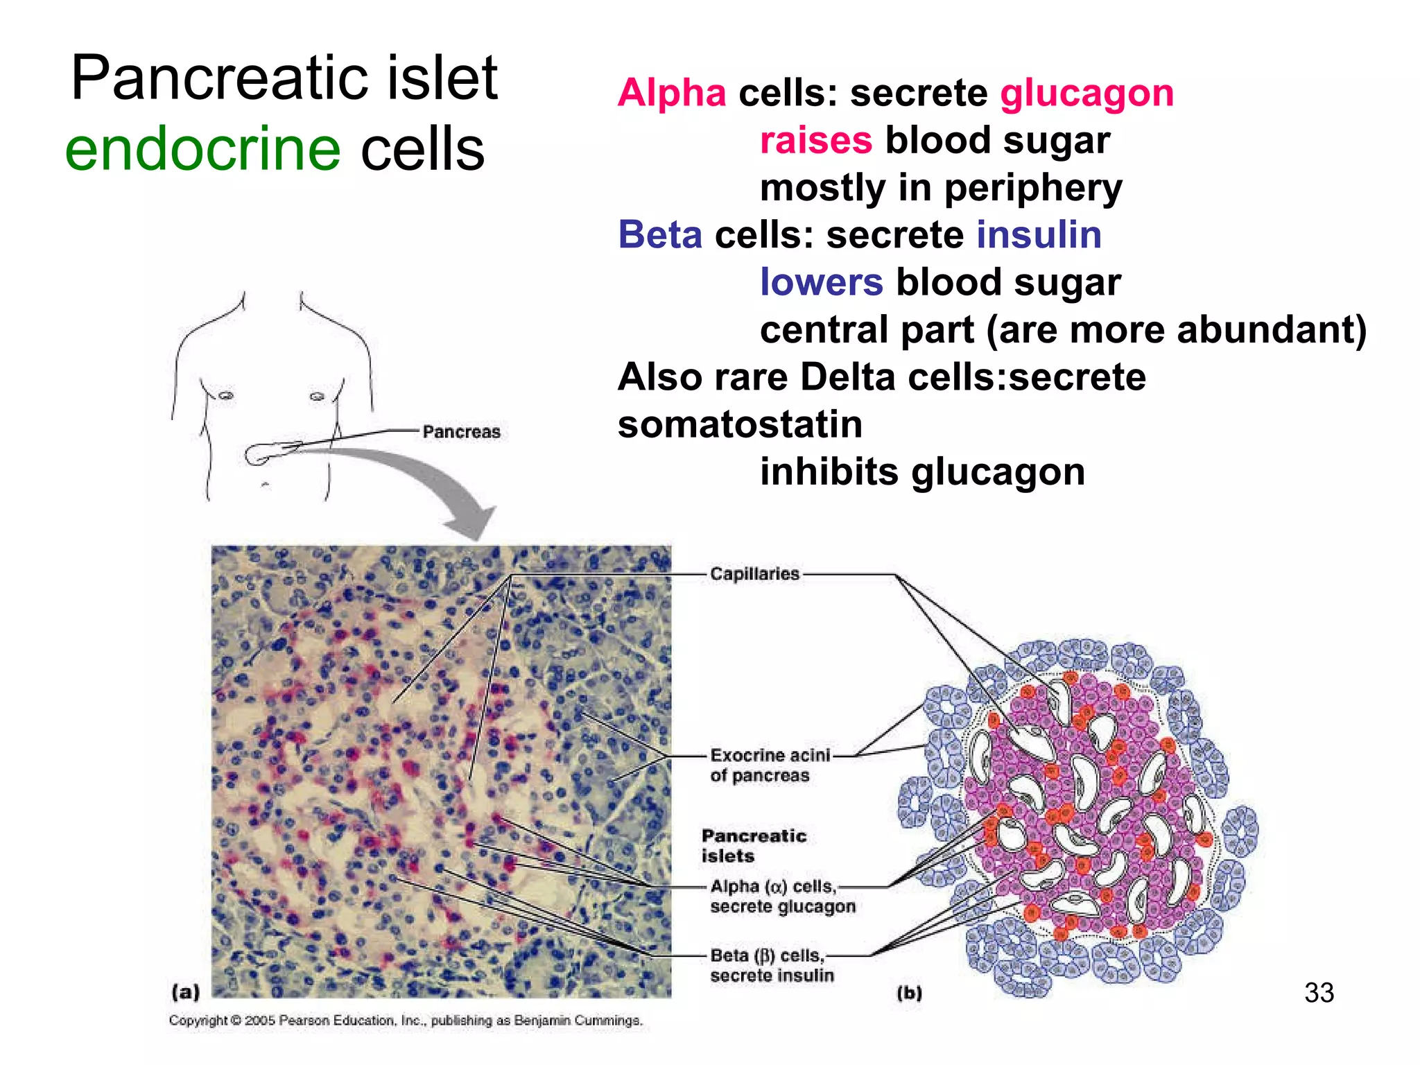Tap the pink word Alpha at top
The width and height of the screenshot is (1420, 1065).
[x=672, y=93]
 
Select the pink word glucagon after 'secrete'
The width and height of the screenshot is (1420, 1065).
[x=1086, y=93]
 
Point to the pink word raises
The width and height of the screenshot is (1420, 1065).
[x=815, y=141]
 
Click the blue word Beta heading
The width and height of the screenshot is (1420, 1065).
[x=660, y=234]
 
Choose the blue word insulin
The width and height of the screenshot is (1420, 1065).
[x=1039, y=234]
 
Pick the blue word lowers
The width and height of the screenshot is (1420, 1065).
[x=822, y=282]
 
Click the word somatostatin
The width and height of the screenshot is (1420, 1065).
[x=740, y=424]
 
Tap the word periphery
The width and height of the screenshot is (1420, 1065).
[x=1033, y=188]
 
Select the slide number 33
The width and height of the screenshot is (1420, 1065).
[x=1319, y=993]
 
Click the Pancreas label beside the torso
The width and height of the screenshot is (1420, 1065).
[x=461, y=431]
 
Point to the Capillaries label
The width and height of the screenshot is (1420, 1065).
[x=754, y=574]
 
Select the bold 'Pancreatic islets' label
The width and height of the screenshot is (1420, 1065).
[x=753, y=845]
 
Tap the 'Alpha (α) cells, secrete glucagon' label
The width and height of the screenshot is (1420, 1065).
[x=782, y=896]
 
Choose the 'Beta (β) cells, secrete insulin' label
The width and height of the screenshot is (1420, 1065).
[x=771, y=965]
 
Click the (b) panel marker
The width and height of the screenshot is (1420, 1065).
[x=909, y=993]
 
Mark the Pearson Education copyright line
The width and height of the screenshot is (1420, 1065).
[x=406, y=1021]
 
